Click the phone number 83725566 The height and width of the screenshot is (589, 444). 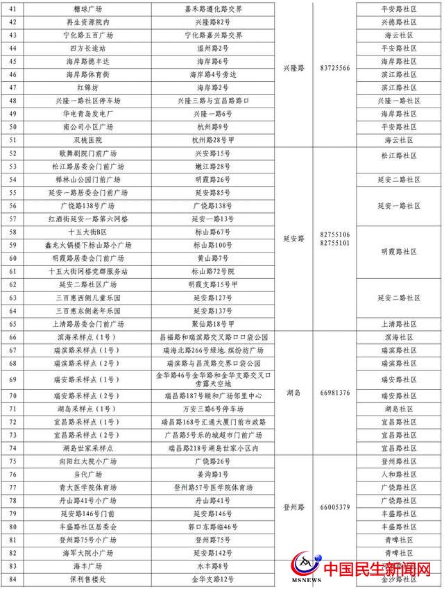click(x=335, y=68)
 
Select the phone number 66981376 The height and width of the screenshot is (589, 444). click(x=335, y=392)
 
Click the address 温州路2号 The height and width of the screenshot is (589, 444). click(x=212, y=49)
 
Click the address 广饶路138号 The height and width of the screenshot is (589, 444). click(x=212, y=206)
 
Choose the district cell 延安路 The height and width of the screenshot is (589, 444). click(x=294, y=238)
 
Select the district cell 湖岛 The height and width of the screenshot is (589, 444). click(x=294, y=392)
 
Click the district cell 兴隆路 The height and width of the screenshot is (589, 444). click(x=294, y=68)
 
